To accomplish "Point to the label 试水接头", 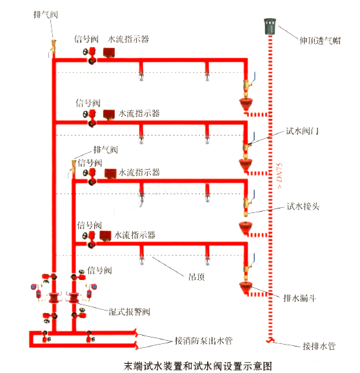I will pyautogui.click(x=303, y=207).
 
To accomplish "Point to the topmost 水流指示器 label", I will pyautogui.click(x=128, y=39).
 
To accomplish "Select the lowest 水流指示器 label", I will pyautogui.click(x=135, y=236).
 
